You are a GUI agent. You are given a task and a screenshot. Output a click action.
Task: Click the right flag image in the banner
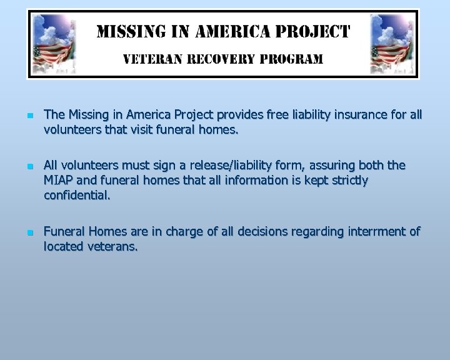[394, 44]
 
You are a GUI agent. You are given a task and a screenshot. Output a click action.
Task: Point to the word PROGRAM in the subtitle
[292, 59]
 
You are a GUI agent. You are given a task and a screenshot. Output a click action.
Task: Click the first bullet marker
[30, 116]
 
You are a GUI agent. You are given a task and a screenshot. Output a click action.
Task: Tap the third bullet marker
[30, 232]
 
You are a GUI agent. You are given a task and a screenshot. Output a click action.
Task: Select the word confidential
[77, 196]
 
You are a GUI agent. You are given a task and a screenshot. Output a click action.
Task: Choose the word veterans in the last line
[112, 247]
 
